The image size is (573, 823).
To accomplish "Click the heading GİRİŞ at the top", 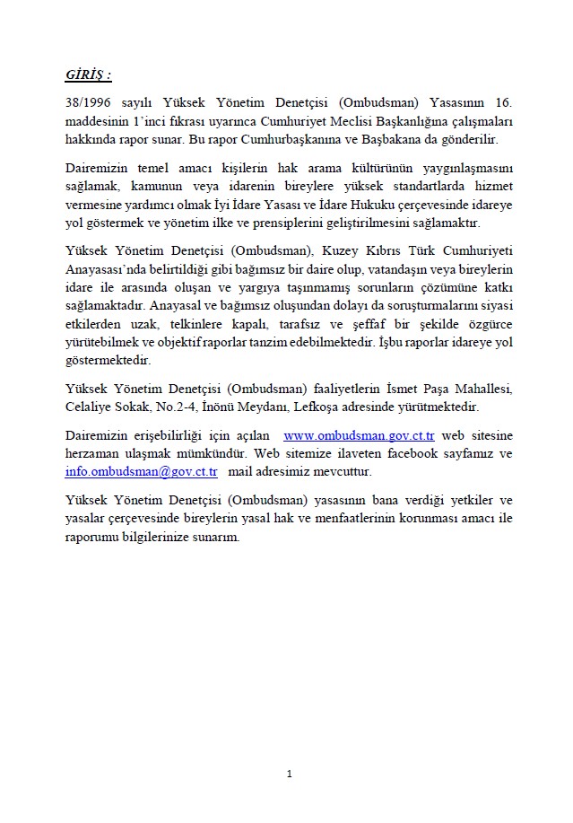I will [x=88, y=74].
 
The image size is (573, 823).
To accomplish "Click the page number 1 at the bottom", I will [x=289, y=774].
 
